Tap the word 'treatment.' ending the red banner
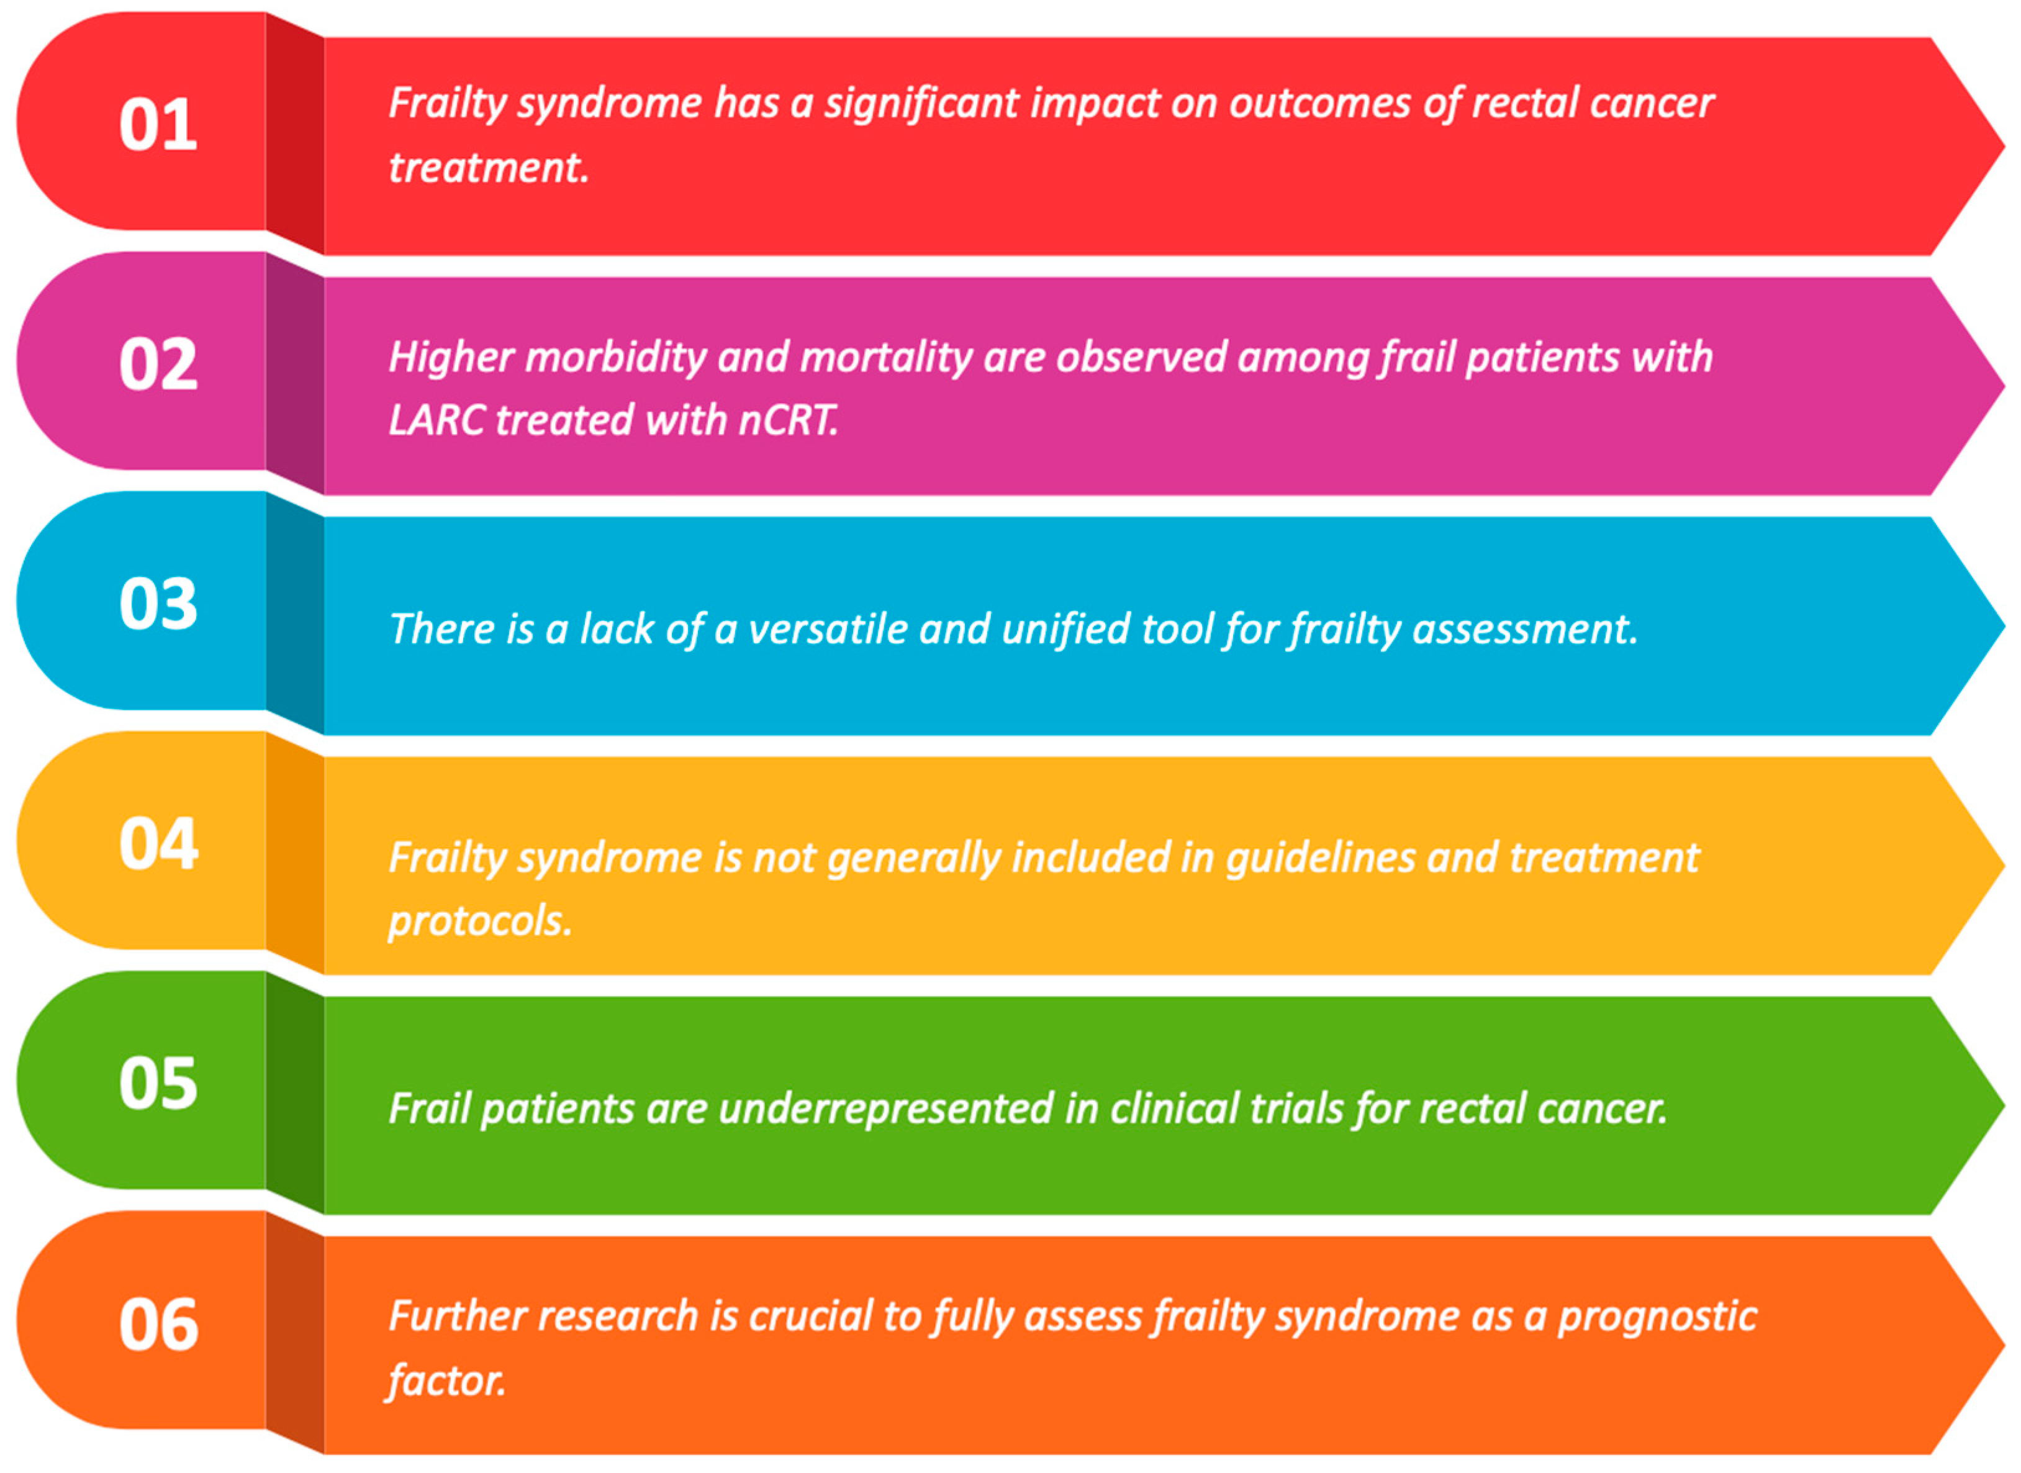[489, 168]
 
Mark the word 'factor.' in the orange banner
[446, 1381]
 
